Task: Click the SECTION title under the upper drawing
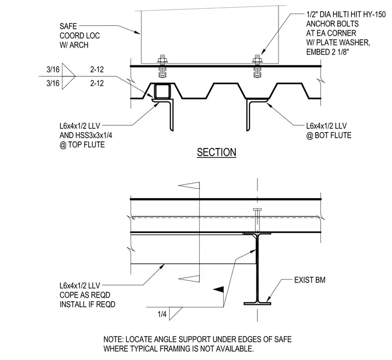click(x=217, y=152)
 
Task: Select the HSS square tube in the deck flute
click(x=162, y=91)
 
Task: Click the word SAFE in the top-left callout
click(x=68, y=26)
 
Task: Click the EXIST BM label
click(x=310, y=280)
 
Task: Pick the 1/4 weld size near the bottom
click(x=162, y=314)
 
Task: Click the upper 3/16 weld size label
click(x=53, y=69)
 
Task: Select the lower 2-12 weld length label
click(x=97, y=83)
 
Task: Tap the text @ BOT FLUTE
click(x=329, y=136)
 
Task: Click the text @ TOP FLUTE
click(x=82, y=145)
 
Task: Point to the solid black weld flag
click(x=219, y=289)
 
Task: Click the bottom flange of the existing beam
click(x=257, y=303)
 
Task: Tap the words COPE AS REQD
click(x=85, y=295)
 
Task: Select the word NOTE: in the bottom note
click(x=113, y=339)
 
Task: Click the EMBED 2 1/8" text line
click(x=328, y=52)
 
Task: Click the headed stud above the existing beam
click(x=257, y=220)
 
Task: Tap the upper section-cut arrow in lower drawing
click(x=189, y=185)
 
